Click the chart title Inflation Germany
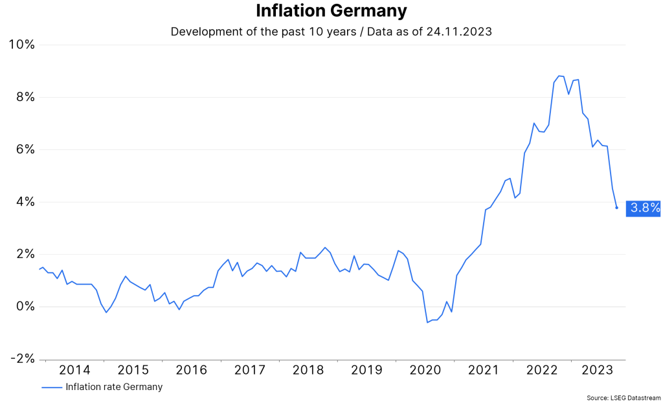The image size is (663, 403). click(331, 11)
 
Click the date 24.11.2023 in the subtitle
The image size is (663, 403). click(460, 32)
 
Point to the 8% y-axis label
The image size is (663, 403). click(25, 97)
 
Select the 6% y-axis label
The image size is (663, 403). click(25, 149)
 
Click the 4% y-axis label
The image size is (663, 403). click(25, 202)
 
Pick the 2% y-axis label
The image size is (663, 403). click(25, 254)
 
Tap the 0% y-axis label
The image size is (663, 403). click(25, 307)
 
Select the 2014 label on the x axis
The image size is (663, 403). click(74, 370)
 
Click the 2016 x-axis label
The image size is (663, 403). click(192, 370)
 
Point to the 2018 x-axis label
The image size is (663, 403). click(308, 370)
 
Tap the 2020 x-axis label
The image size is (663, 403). click(425, 370)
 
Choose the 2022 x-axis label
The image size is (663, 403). click(542, 370)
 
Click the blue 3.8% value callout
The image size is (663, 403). click(644, 208)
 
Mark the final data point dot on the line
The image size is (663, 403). click(616, 208)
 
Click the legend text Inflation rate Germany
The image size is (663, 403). click(114, 387)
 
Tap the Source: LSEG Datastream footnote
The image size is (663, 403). click(624, 397)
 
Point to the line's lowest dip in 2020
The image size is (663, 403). click(427, 322)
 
